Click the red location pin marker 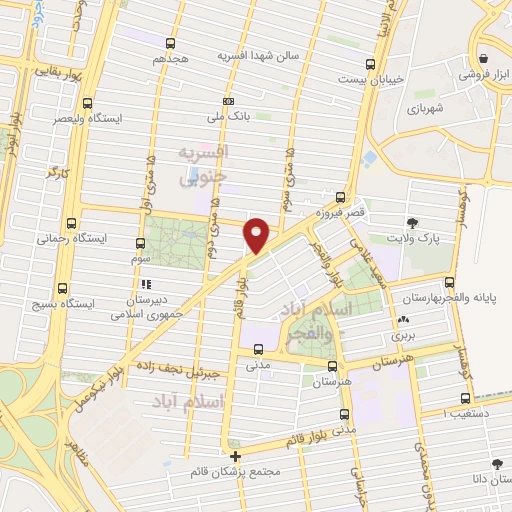tap(257, 234)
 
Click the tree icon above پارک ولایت tap(411, 222)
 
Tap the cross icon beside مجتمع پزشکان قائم tap(235, 456)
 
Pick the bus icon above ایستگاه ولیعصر tap(88, 102)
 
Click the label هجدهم tap(171, 59)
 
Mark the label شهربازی tap(418, 107)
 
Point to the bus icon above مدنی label tap(260, 350)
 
